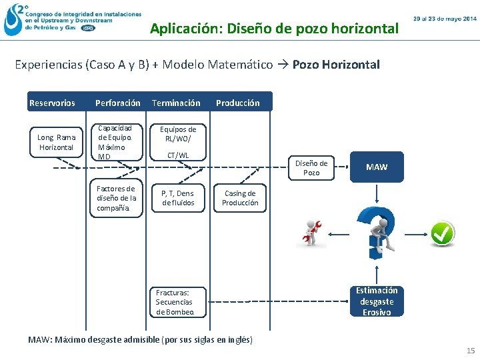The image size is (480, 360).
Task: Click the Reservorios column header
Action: [x=52, y=103]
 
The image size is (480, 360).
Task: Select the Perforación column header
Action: [x=118, y=103]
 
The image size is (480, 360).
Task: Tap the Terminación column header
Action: [x=176, y=103]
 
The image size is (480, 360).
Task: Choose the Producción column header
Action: [x=237, y=103]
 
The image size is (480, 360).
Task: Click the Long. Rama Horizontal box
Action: [x=57, y=142]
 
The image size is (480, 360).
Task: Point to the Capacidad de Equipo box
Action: [x=117, y=142]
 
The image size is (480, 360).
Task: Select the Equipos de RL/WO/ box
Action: [x=178, y=134]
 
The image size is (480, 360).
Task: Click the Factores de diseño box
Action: [x=117, y=198]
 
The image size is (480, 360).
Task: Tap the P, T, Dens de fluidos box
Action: [x=178, y=198]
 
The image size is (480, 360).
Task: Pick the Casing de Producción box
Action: [x=239, y=198]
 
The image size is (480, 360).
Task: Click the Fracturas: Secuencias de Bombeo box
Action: [x=177, y=302]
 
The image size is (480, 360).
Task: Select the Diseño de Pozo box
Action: [x=311, y=167]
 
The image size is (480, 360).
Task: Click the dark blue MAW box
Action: [x=377, y=167]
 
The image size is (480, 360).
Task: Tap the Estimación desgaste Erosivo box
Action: [x=377, y=301]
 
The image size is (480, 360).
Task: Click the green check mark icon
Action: [x=441, y=233]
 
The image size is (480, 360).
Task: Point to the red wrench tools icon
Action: [x=311, y=233]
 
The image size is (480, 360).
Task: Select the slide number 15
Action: [x=471, y=351]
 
